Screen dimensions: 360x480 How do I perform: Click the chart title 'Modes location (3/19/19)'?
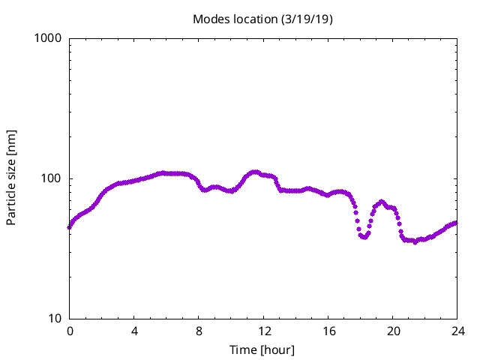[262, 19]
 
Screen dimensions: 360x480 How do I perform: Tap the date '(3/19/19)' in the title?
[306, 19]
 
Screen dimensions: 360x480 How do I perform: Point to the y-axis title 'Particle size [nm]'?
[11, 178]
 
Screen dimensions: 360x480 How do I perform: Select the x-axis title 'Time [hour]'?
[262, 350]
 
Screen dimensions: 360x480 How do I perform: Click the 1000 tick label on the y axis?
[49, 38]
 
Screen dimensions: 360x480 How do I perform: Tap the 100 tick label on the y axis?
[52, 178]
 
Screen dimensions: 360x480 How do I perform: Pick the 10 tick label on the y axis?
[55, 319]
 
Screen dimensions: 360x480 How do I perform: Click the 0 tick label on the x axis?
[70, 331]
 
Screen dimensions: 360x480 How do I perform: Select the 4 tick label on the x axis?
[134, 331]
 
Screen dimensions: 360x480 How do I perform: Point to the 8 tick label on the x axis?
[199, 331]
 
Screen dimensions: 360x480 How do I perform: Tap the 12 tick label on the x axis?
[263, 331]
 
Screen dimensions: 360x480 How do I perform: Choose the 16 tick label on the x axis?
[328, 331]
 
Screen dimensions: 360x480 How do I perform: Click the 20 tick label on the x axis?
[392, 331]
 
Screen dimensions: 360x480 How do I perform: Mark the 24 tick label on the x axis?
[457, 331]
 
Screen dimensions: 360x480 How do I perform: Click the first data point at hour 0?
[70, 226]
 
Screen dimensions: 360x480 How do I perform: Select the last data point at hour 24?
[456, 223]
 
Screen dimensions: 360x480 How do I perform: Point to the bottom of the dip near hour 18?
[364, 237]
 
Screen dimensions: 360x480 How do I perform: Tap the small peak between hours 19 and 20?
[382, 202]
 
